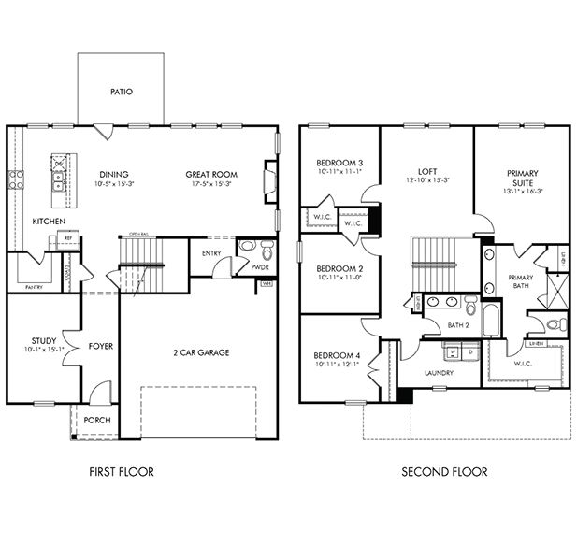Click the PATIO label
tap(121, 92)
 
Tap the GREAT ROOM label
tap(210, 174)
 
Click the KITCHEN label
tap(49, 222)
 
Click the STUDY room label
tap(42, 341)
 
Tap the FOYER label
tap(101, 347)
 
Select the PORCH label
tap(96, 421)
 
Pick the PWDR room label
tap(260, 266)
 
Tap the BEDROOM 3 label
tap(339, 163)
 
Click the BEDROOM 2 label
tap(339, 268)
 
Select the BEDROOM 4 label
tap(339, 355)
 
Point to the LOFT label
tap(427, 171)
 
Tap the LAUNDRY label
tap(439, 373)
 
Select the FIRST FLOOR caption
tap(122, 472)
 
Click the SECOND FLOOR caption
tap(444, 472)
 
